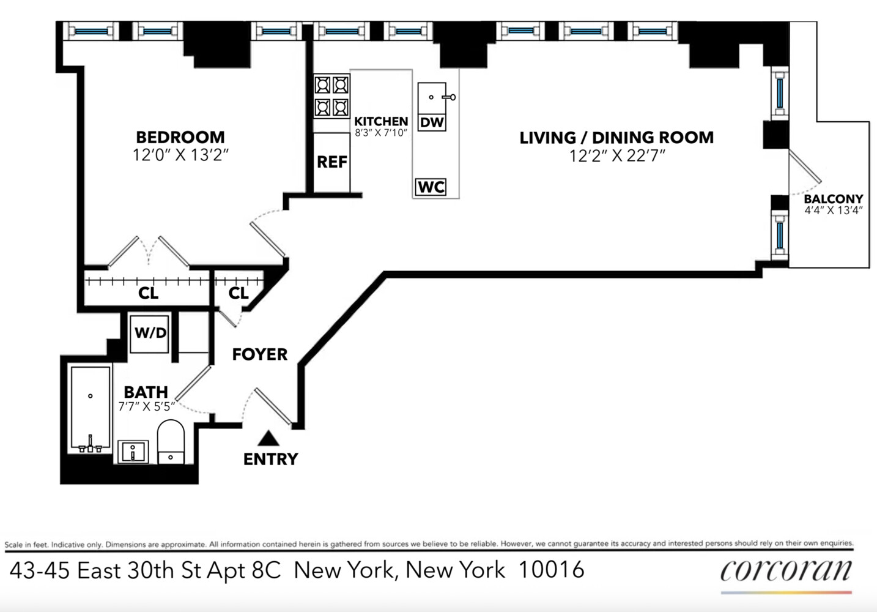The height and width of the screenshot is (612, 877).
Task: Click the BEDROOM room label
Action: [180, 137]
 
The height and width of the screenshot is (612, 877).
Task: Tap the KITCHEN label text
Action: [380, 121]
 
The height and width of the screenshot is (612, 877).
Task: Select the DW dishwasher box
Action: [432, 122]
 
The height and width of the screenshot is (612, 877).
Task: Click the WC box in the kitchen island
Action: [431, 187]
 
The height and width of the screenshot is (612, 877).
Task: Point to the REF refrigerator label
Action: [331, 162]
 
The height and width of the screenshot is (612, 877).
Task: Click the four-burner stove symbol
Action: [331, 95]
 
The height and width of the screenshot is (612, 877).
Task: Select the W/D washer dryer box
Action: [150, 333]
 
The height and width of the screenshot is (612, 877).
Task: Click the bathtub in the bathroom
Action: [91, 408]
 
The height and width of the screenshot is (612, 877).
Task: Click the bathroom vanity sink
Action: [133, 452]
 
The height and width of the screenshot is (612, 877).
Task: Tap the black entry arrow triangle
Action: [268, 438]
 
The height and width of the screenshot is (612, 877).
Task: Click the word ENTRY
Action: [270, 459]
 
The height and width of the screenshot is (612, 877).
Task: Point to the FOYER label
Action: [259, 354]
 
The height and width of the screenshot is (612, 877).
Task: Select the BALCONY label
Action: [833, 199]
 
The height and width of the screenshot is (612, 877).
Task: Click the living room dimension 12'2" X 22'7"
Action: [616, 156]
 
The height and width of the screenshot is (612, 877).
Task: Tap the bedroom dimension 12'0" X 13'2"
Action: [180, 155]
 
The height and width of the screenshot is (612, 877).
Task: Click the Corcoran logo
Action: [786, 570]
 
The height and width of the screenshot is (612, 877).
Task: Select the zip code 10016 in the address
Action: [551, 570]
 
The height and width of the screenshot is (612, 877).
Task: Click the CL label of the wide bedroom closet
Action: [148, 293]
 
